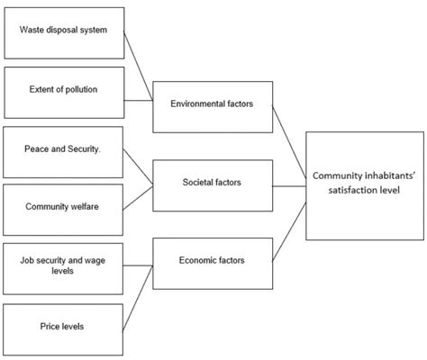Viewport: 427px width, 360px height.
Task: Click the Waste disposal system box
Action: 62,31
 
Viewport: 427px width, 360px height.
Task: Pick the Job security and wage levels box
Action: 62,265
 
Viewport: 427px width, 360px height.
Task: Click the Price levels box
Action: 62,326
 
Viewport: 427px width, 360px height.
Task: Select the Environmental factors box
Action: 211,104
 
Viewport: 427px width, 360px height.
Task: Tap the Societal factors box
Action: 211,184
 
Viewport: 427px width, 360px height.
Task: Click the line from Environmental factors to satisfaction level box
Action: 287,144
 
